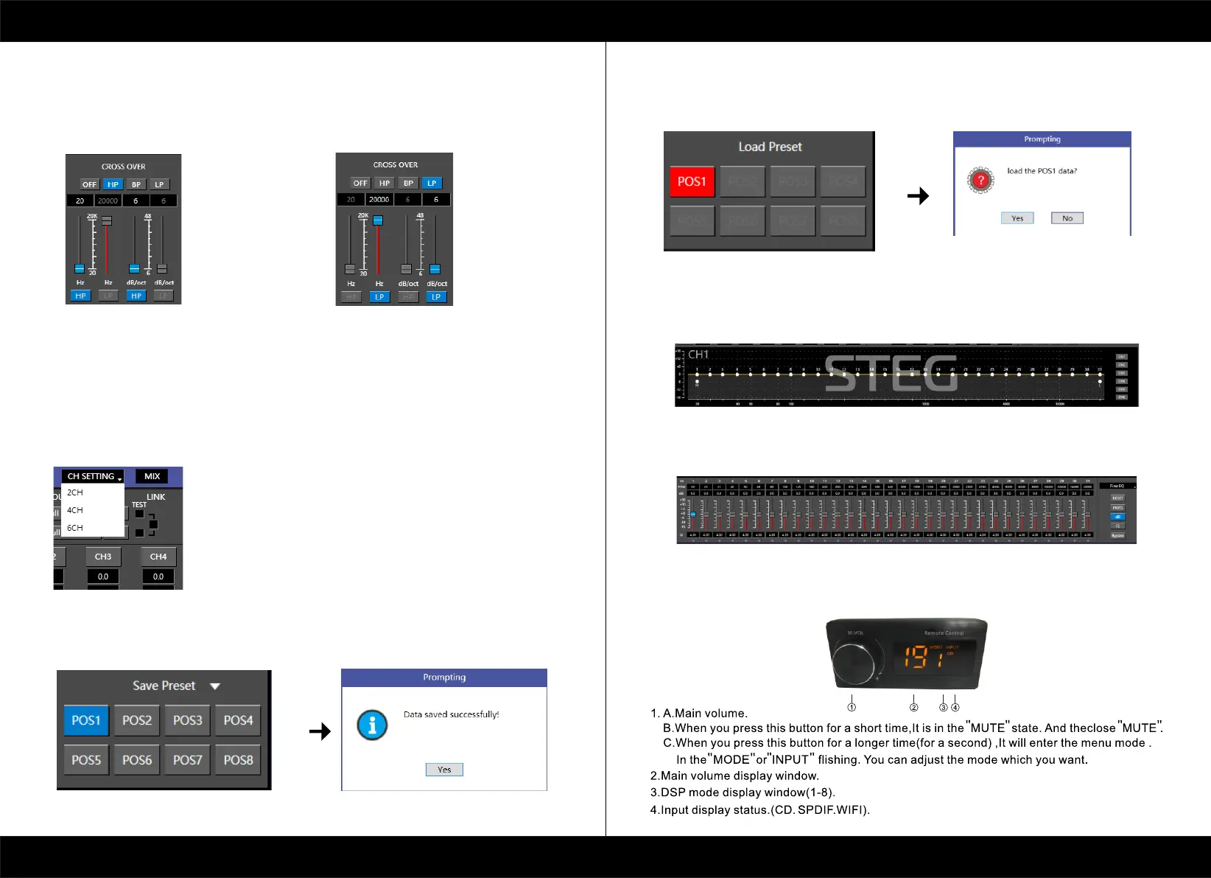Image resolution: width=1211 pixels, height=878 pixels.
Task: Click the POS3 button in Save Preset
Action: coord(187,720)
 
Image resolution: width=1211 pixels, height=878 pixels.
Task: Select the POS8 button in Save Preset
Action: coord(238,760)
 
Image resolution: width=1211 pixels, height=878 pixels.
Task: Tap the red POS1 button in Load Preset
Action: coord(692,181)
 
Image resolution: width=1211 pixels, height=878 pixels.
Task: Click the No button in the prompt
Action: coord(1067,218)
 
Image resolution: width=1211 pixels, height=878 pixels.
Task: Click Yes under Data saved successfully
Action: coord(444,770)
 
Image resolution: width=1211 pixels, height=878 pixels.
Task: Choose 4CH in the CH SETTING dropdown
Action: coord(75,510)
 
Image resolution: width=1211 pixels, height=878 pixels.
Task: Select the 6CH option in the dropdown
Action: coord(75,528)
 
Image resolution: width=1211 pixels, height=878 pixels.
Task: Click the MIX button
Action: coord(152,476)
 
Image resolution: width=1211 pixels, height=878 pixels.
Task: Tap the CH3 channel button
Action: coord(103,557)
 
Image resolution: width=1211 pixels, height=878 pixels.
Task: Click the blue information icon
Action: coord(372,725)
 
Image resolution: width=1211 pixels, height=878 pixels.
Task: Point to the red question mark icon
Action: coord(980,181)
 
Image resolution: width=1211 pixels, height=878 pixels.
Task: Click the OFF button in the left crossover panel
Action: coord(89,184)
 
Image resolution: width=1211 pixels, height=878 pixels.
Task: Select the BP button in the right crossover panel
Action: coord(408,183)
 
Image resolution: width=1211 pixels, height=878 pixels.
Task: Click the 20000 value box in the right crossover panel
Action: coord(379,200)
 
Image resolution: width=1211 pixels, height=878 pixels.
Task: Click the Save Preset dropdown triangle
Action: coord(215,686)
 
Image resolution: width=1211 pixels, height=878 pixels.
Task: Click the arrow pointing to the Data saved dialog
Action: coord(320,731)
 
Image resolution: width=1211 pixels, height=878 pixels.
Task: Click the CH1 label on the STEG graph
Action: coord(698,355)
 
